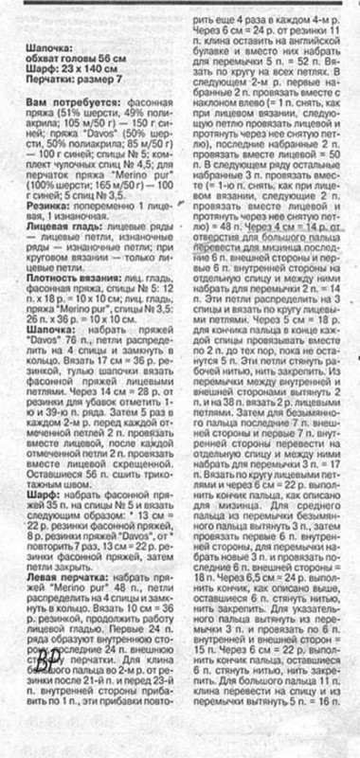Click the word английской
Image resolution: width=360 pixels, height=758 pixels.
[x=314, y=41]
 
